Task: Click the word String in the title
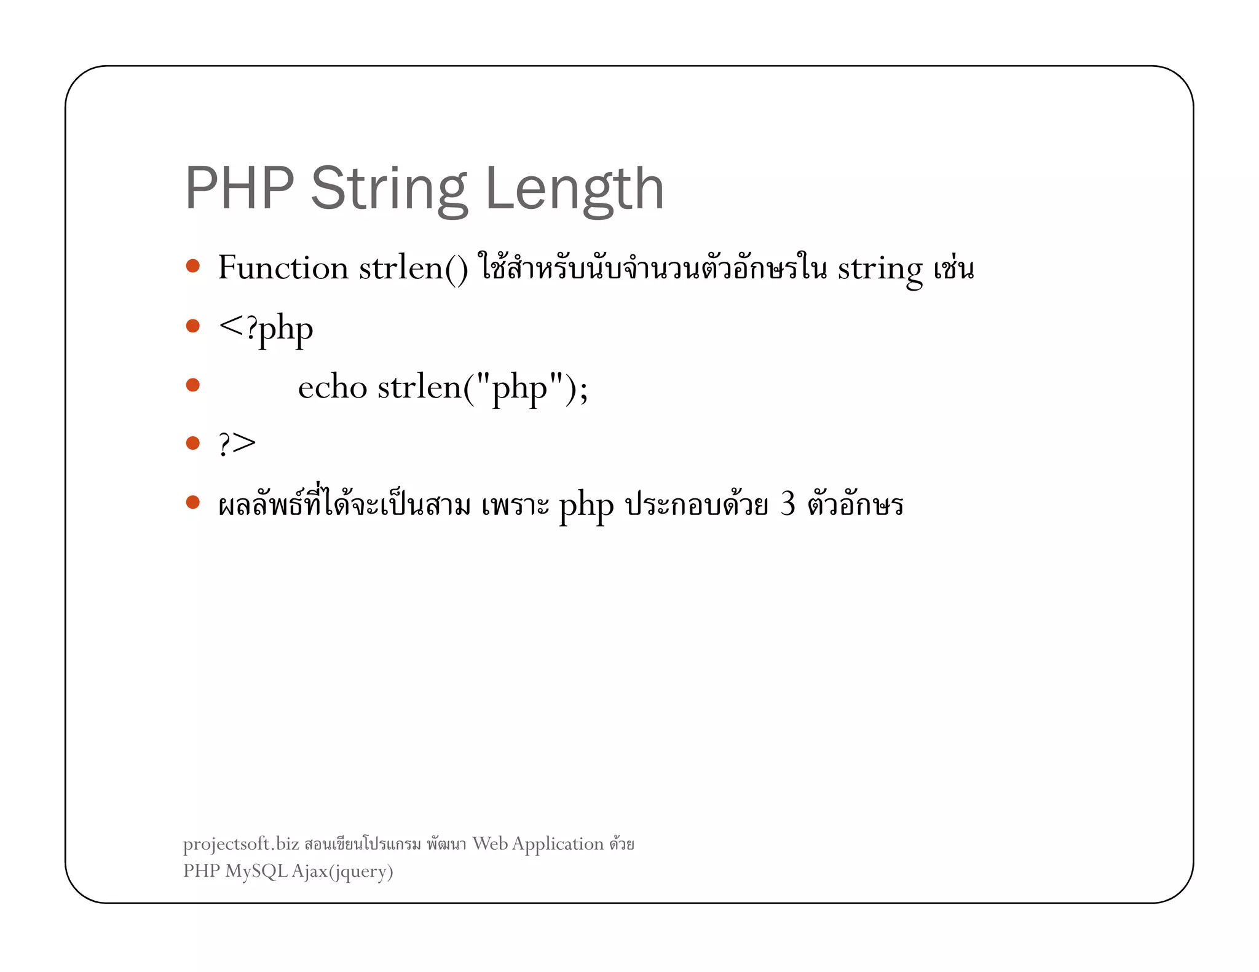pyautogui.click(x=389, y=189)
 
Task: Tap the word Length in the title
pyautogui.click(x=574, y=189)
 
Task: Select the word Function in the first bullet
pyautogui.click(x=283, y=268)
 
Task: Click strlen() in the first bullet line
pyautogui.click(x=413, y=268)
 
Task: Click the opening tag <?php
pyautogui.click(x=266, y=328)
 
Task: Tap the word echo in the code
pyautogui.click(x=333, y=387)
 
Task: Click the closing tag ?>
pyautogui.click(x=237, y=443)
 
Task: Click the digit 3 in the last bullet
pyautogui.click(x=787, y=504)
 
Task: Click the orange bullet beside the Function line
pyautogui.click(x=193, y=266)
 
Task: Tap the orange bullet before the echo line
pyautogui.click(x=193, y=385)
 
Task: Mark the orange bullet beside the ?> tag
pyautogui.click(x=193, y=443)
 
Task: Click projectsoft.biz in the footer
pyautogui.click(x=241, y=844)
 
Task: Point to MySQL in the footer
pyautogui.click(x=256, y=871)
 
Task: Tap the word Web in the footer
pyautogui.click(x=490, y=844)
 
